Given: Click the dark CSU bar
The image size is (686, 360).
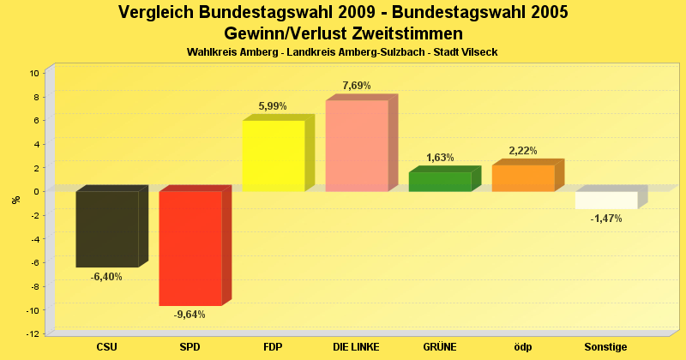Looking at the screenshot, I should (x=106, y=229).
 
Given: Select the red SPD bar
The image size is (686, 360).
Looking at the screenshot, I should (x=190, y=248).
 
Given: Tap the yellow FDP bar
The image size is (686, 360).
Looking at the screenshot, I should (x=273, y=156).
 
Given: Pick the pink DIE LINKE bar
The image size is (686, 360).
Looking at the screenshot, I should (x=356, y=146).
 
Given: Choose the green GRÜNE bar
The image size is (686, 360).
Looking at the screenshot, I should (x=439, y=182).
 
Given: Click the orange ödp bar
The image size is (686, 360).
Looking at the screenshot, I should (x=522, y=178).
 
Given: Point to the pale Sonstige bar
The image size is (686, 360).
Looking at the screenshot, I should (x=605, y=200).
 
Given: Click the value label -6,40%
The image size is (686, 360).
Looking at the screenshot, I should (x=106, y=277).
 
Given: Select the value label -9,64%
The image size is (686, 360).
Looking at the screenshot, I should (x=190, y=315).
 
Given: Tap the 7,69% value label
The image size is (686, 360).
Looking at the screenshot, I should (x=357, y=86).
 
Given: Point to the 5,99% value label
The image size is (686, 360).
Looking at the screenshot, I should (x=273, y=106).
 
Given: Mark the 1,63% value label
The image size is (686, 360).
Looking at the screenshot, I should (x=440, y=158).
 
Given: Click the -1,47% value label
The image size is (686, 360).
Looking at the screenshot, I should (x=606, y=219).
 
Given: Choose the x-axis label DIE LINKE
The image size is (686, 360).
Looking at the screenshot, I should (x=356, y=347).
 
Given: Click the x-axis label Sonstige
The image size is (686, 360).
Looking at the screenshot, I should (x=606, y=347).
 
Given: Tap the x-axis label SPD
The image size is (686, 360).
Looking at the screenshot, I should (x=190, y=347).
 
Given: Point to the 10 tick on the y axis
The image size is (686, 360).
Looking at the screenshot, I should (x=34, y=73).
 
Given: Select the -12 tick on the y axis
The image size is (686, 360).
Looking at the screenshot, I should (x=33, y=333).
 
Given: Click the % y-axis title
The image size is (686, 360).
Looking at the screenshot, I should (x=15, y=200).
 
